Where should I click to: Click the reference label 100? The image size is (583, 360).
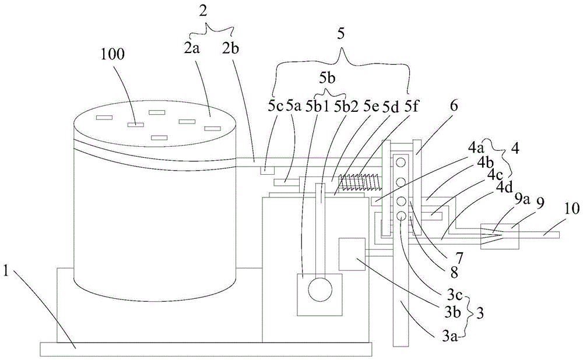[112, 55]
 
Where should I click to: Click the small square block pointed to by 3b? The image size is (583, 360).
[352, 253]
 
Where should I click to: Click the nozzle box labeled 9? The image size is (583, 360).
[498, 235]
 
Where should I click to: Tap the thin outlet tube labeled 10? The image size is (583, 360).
[539, 235]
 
